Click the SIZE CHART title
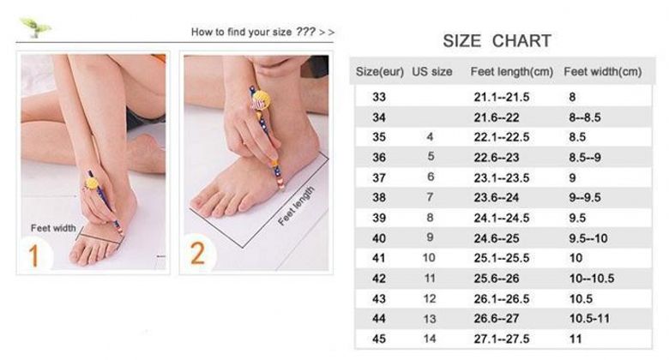pos(497,41)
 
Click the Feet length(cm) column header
pos(511,72)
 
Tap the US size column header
pos(431,72)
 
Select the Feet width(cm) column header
pos(602,72)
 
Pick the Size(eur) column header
pos(380,72)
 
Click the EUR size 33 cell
pos(379,97)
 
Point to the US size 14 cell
pos(430,339)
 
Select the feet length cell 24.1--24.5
pos(502,218)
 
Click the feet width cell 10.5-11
pos(589,319)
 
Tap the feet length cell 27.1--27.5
pos(502,339)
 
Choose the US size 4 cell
pos(430,137)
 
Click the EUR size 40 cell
pos(379,238)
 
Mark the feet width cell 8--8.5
pos(585,117)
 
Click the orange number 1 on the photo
pos(33,255)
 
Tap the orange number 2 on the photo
pos(197,254)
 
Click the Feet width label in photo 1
pos(53,228)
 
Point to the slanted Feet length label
pos(296,206)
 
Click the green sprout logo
pos(36,27)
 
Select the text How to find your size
pos(241,32)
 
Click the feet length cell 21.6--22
pos(497,117)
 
